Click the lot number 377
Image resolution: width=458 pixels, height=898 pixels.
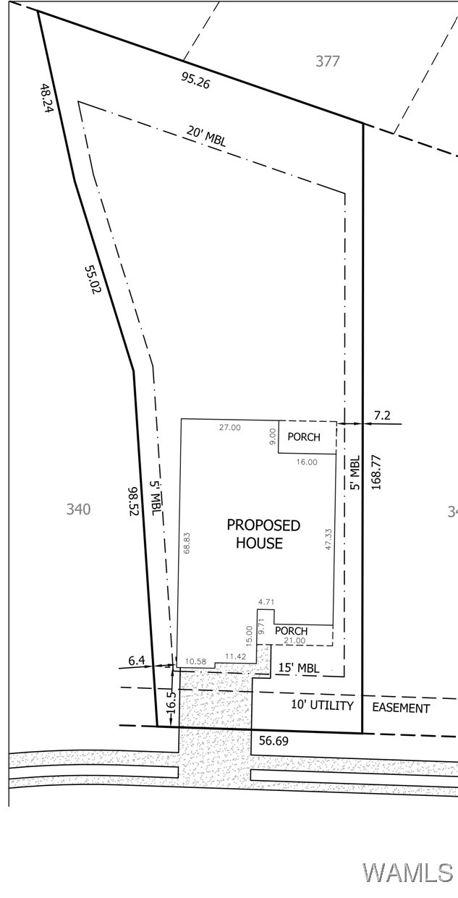point(328,61)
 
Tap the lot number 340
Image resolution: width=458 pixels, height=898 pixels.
point(78,509)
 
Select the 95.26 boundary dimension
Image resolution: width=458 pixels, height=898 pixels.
point(195,80)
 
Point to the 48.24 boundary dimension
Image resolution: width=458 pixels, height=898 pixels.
point(46,100)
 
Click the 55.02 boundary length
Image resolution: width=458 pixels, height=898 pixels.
point(92,279)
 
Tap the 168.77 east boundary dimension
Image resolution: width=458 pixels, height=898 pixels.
point(375,472)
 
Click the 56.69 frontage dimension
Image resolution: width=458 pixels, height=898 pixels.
point(273,741)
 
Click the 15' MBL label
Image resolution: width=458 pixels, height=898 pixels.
point(299,668)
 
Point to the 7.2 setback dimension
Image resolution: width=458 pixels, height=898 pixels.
point(382,415)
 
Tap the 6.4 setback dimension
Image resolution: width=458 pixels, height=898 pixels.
point(137,660)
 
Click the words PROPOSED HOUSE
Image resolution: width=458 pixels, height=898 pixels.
point(263,534)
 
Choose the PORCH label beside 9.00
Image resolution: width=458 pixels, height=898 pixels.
point(304,437)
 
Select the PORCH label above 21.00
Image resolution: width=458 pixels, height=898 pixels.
point(291,631)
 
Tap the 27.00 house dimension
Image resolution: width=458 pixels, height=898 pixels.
point(230,427)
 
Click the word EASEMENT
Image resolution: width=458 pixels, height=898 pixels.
point(401,708)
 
